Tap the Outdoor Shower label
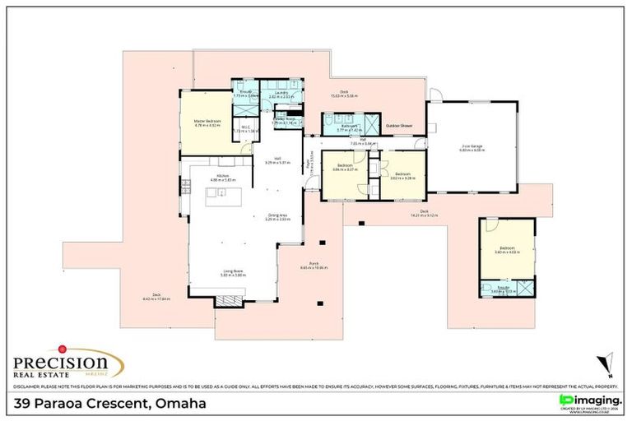[399, 126]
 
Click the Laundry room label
[276, 95]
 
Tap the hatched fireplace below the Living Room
[230, 301]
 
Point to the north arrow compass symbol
[607, 363]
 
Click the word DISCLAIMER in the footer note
[28, 386]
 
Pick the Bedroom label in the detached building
[506, 248]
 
